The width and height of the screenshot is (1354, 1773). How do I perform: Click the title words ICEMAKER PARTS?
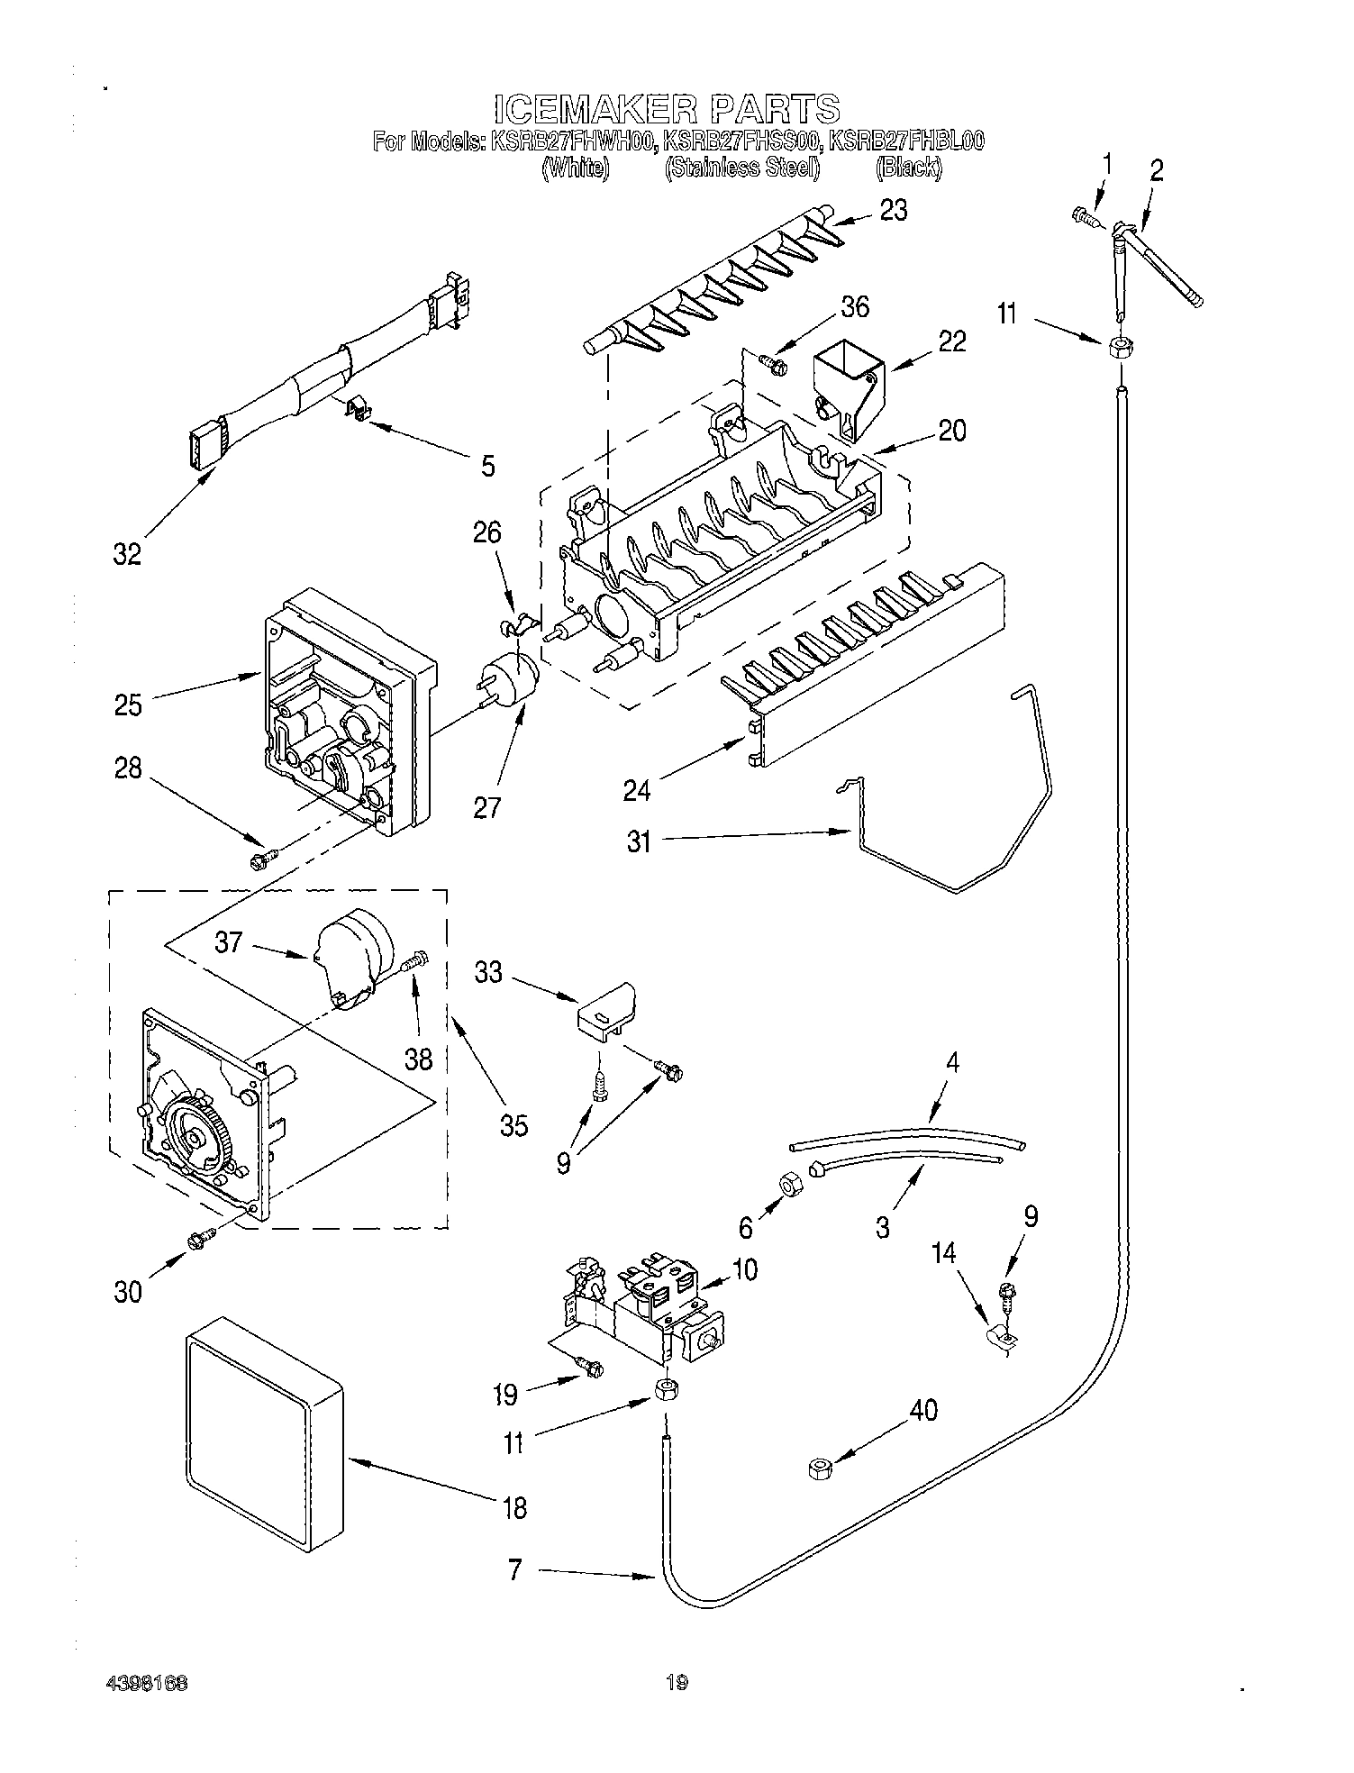[x=667, y=109]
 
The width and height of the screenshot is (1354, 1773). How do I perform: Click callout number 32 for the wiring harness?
[x=127, y=554]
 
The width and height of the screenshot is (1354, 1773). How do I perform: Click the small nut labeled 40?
[x=819, y=1469]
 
